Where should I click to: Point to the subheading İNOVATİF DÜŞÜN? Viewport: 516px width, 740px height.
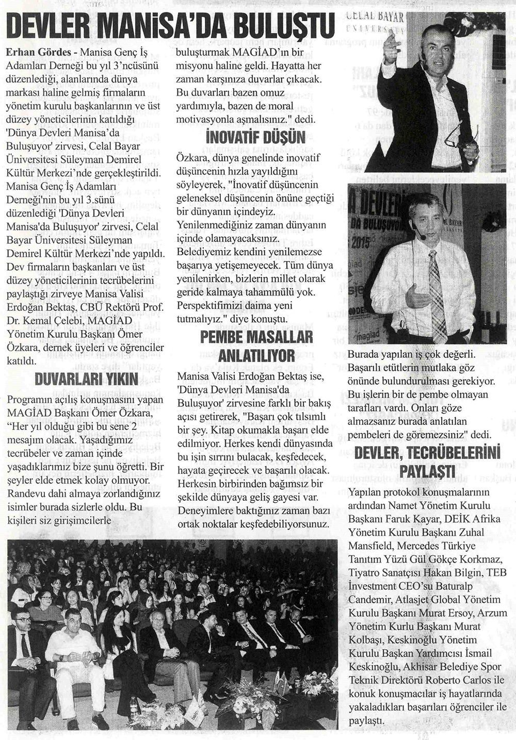tap(255, 138)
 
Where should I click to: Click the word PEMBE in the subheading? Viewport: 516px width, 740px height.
tap(223, 337)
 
